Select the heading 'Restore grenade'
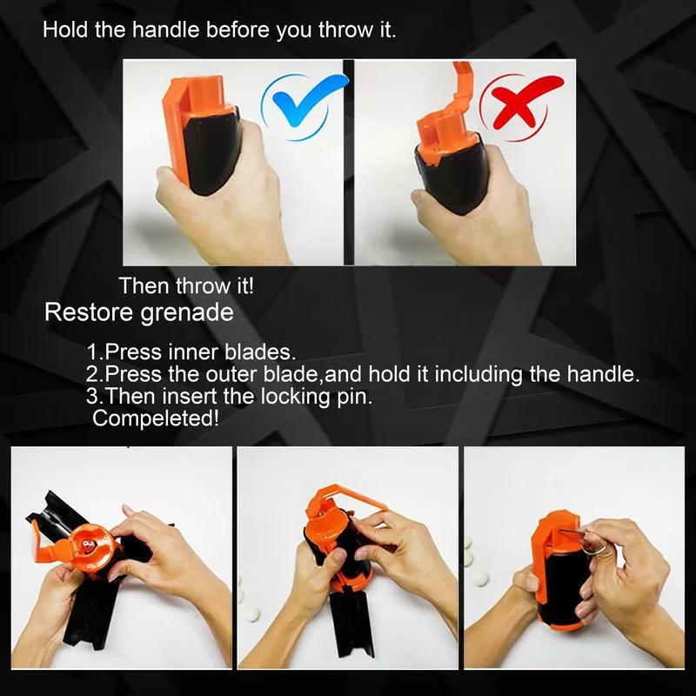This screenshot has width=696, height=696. coord(139,312)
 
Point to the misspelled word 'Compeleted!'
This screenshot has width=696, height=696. coord(156,418)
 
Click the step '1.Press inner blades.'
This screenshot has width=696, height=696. coord(191,353)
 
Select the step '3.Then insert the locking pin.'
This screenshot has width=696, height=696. coord(235,397)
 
